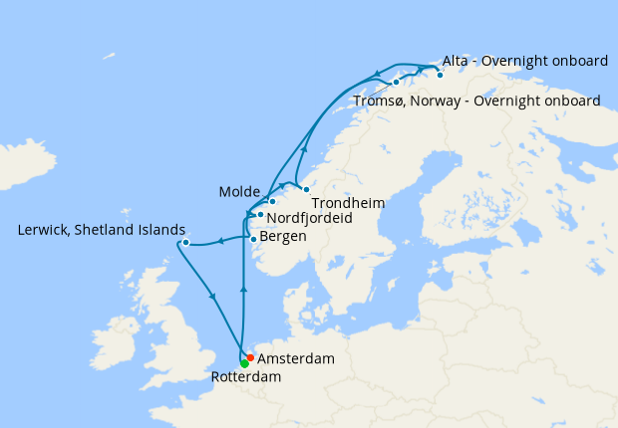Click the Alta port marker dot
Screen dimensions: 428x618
pyautogui.click(x=440, y=75)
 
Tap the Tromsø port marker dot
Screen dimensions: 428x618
pyautogui.click(x=396, y=82)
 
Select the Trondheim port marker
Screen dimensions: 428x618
pyautogui.click(x=306, y=189)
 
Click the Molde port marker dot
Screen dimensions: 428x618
pyautogui.click(x=272, y=201)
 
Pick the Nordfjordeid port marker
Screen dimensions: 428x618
pyautogui.click(x=260, y=214)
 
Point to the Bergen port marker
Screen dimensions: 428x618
pyautogui.click(x=253, y=239)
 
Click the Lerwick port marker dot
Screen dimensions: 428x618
pyautogui.click(x=185, y=242)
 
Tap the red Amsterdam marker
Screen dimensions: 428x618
pyautogui.click(x=249, y=357)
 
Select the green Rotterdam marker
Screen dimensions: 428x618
pyautogui.click(x=244, y=363)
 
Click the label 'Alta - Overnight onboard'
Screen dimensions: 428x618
pyautogui.click(x=524, y=62)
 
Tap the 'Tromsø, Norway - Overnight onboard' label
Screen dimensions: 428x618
pyautogui.click(x=476, y=102)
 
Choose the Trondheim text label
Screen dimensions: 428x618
pyautogui.click(x=349, y=203)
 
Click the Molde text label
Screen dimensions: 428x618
pyautogui.click(x=239, y=191)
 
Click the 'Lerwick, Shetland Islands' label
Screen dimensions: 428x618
pyautogui.click(x=102, y=230)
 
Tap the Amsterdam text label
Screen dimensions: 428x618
pyautogui.click(x=295, y=357)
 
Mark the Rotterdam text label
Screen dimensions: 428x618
pyautogui.click(x=246, y=378)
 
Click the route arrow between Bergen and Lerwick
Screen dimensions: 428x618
pyautogui.click(x=219, y=241)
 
